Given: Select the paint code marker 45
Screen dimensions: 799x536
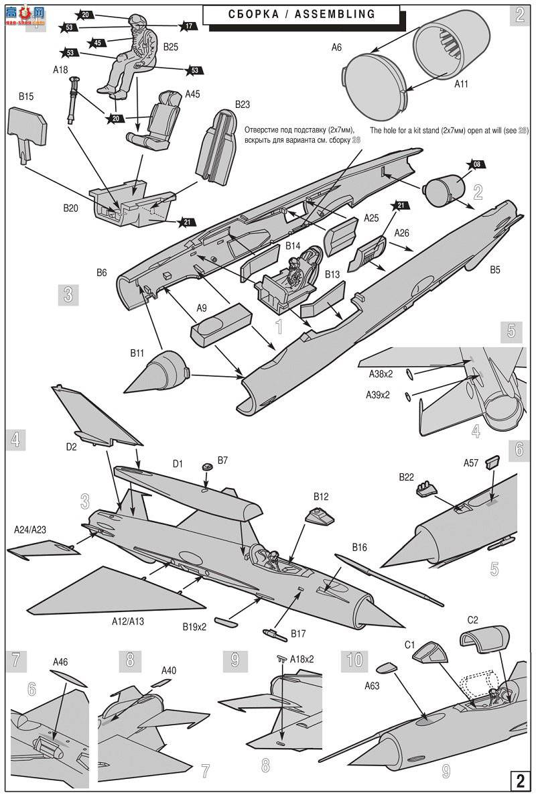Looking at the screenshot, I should point(98,43).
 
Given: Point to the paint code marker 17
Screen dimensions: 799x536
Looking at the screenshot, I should point(189,26).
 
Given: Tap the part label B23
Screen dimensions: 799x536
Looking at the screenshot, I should point(242,105).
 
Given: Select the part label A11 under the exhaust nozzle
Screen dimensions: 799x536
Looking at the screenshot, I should point(461,84).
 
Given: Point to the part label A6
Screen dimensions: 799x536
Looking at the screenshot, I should point(336,48).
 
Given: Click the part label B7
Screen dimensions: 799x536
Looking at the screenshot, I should point(222,459).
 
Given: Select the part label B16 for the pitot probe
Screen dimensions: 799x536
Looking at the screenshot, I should point(359,548).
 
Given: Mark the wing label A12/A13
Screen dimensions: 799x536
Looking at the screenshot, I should point(127,621).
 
